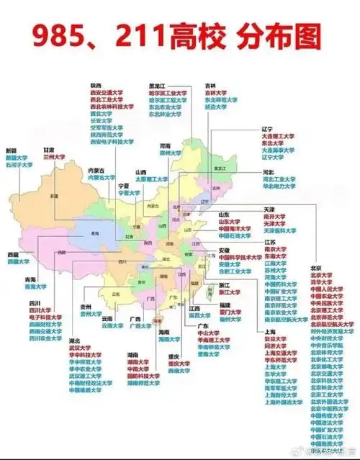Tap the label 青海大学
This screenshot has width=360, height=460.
36,287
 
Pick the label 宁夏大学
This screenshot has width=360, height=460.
129,192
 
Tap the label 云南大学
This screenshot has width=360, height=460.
112,325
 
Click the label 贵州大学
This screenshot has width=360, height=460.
91,314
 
